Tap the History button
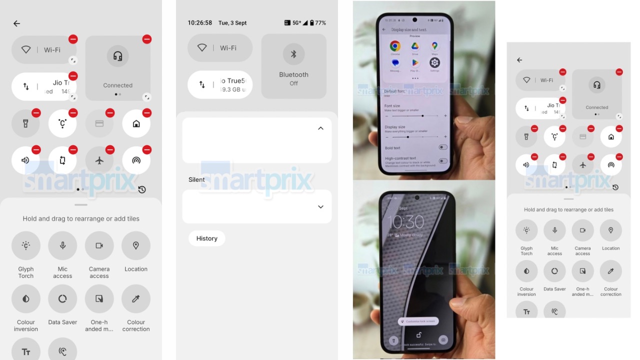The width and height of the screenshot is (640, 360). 206,238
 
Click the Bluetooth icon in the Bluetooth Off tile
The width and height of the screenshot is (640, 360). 293,54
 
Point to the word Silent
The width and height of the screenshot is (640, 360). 196,180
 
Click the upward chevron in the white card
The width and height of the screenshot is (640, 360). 320,128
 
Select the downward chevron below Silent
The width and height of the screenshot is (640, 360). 320,207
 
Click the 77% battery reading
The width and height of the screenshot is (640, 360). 320,23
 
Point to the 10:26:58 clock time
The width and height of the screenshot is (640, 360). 199,23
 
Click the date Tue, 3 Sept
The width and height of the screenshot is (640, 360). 232,23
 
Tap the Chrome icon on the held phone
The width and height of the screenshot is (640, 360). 395,46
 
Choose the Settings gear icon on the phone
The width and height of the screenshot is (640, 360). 434,62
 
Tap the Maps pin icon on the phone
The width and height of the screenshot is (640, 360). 434,46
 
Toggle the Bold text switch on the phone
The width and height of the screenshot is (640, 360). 442,147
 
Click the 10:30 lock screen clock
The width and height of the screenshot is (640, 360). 406,221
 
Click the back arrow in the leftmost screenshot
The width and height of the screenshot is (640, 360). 16,23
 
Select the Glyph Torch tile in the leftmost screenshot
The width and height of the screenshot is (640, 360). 26,245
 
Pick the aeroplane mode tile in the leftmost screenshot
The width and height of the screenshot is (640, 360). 99,160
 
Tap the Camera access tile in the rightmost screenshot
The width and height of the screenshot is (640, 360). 582,230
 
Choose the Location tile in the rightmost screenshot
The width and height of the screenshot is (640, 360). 610,230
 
